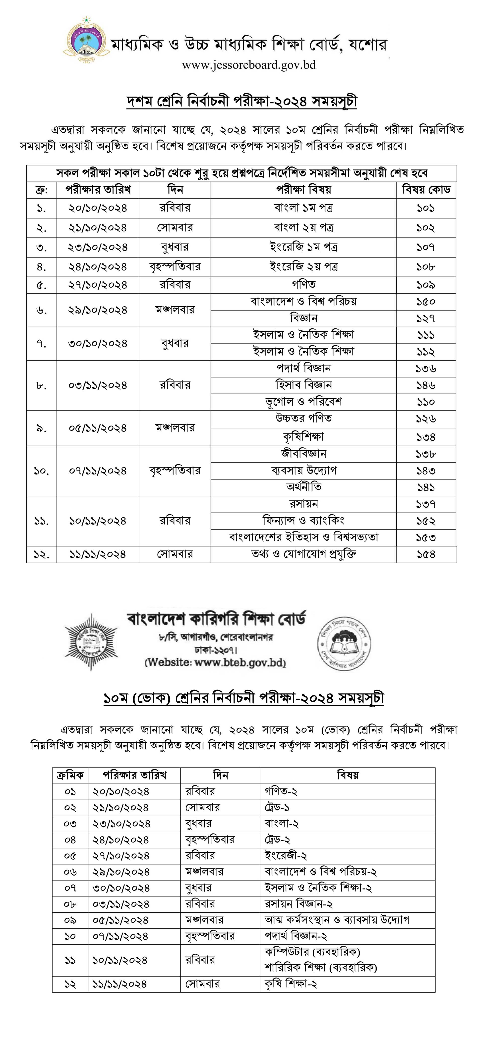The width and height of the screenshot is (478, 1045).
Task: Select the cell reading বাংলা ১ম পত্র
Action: (303, 208)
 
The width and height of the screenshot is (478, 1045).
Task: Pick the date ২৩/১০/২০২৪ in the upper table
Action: (98, 247)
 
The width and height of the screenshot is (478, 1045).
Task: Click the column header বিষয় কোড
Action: (426, 189)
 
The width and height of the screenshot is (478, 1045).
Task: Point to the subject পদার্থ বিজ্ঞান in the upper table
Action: (303, 368)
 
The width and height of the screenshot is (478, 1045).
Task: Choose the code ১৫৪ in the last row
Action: (426, 554)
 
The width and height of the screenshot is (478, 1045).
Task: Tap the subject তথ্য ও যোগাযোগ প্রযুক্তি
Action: (303, 554)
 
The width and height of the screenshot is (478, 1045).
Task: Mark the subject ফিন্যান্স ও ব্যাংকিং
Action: (303, 521)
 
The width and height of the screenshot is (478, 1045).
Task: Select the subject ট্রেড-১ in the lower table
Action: (277, 807)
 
